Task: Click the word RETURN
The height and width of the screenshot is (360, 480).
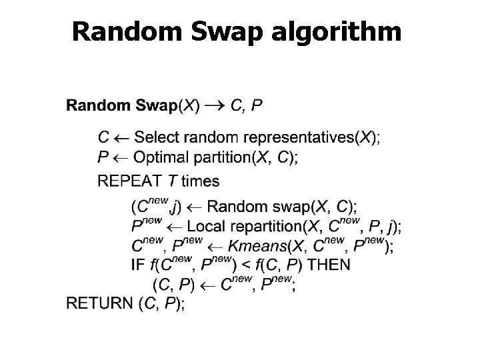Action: [x=99, y=303]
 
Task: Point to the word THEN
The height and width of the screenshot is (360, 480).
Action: [x=327, y=265]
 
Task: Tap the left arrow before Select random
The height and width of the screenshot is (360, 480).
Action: [x=122, y=139]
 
